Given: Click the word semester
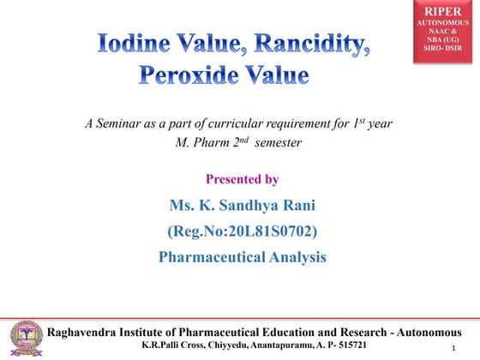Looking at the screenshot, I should (273, 142).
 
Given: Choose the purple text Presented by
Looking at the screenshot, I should (243, 179).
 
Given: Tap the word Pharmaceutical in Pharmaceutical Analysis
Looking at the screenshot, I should (217, 256).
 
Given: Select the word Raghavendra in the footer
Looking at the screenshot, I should (88, 332).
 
